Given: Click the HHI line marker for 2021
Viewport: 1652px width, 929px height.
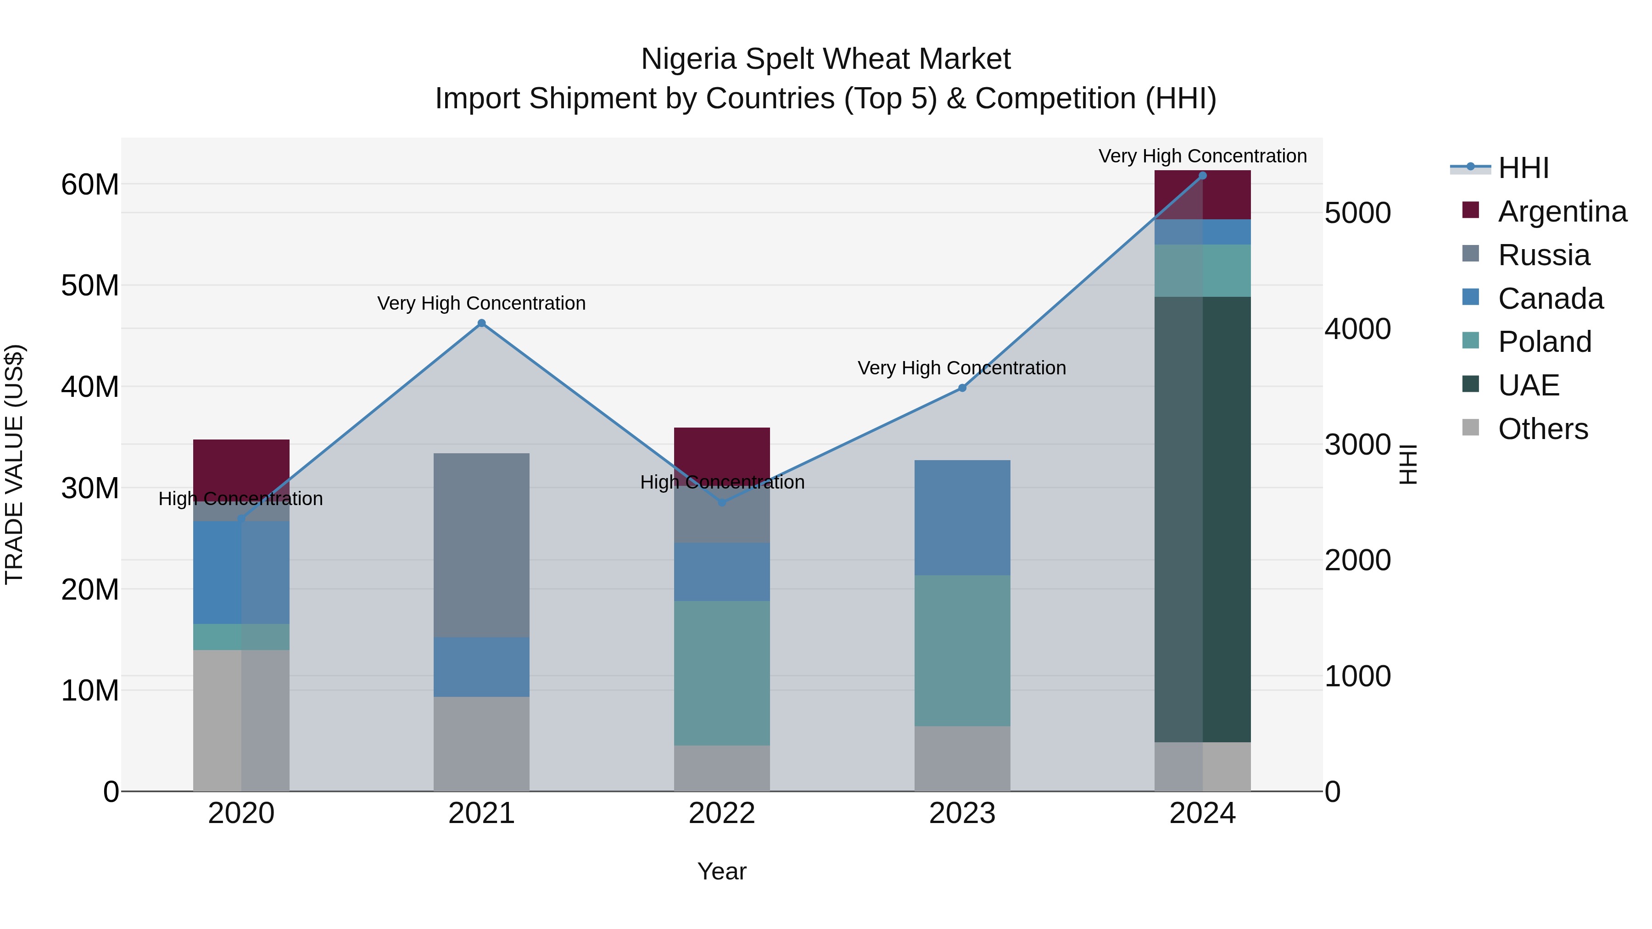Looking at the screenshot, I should tap(482, 323).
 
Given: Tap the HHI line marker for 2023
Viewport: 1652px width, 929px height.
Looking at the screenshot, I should tap(962, 388).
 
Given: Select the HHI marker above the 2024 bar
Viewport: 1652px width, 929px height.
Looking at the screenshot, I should tap(1202, 176).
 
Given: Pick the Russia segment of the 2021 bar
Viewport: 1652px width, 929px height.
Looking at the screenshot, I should tap(482, 545).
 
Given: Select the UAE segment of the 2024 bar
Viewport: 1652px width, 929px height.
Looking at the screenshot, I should tap(1202, 519).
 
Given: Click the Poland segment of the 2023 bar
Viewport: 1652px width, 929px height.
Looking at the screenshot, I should tap(962, 650).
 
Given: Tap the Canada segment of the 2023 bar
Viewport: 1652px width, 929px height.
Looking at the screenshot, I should tap(962, 517).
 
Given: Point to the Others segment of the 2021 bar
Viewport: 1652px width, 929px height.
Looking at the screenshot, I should tap(482, 744).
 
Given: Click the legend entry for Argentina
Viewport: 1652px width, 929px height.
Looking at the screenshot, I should tap(1562, 211).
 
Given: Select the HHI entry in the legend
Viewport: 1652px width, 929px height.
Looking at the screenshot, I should tap(1523, 168).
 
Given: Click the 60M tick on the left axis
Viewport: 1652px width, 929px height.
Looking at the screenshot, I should tap(90, 184).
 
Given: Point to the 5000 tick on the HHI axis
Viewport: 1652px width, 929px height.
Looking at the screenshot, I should tap(1358, 213).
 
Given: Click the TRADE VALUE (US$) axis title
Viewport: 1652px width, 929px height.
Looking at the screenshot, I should tap(14, 464).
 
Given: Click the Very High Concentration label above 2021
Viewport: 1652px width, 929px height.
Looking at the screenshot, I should tap(482, 303).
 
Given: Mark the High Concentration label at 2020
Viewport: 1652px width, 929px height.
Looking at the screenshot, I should tap(240, 499).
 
